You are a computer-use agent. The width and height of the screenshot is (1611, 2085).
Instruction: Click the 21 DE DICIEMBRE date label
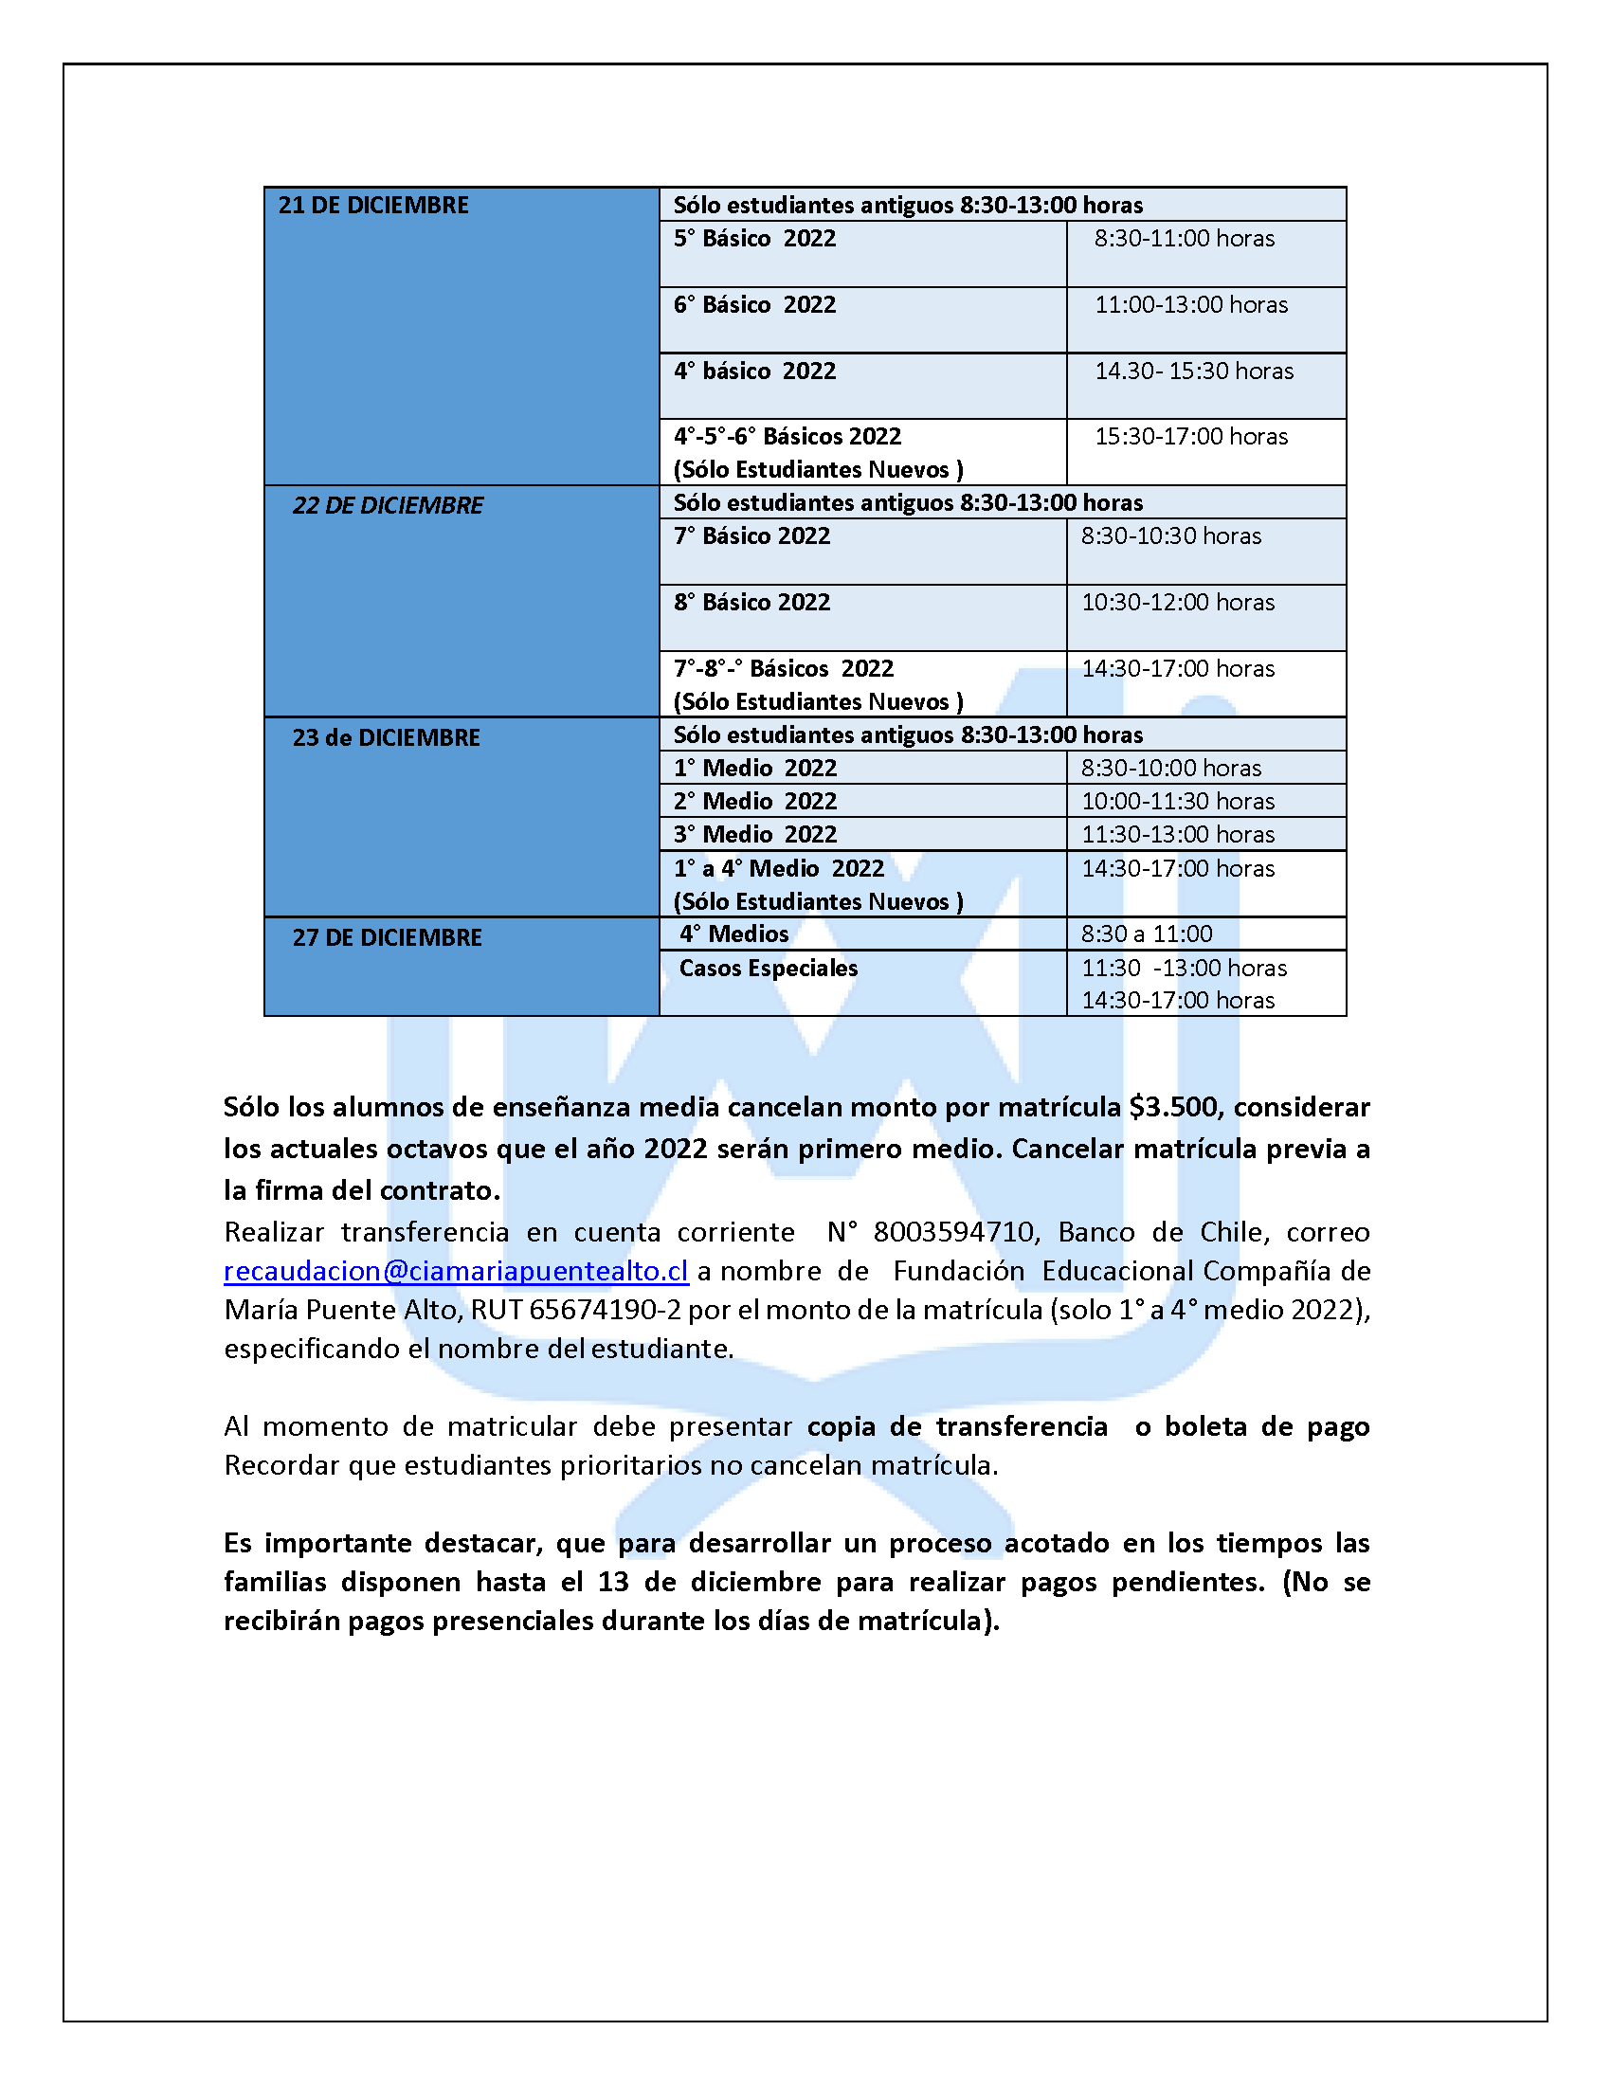coord(373,206)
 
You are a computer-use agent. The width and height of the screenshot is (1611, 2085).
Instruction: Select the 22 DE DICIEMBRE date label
coord(388,505)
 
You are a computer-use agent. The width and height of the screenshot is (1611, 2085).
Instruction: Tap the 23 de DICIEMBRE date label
coord(386,738)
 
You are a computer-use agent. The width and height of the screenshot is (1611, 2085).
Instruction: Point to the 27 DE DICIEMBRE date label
coord(387,937)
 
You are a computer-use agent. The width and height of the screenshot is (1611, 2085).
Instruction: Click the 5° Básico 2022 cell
coord(754,239)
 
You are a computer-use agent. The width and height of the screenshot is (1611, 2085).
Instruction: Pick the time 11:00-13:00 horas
coord(1190,304)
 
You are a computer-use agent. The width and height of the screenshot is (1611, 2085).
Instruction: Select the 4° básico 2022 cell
coord(754,372)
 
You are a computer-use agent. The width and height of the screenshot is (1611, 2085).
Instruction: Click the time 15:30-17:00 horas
coord(1190,436)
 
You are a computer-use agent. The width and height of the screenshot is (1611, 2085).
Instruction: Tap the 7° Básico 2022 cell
coord(751,536)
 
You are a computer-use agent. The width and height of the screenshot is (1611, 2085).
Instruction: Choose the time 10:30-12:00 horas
coord(1177,603)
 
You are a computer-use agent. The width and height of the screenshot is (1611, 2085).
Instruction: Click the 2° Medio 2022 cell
coord(755,801)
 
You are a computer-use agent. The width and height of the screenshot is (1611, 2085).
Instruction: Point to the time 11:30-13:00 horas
coord(1177,834)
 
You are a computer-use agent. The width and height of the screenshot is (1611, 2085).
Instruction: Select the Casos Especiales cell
coord(768,968)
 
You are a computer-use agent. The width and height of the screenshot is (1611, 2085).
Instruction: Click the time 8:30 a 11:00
coord(1147,934)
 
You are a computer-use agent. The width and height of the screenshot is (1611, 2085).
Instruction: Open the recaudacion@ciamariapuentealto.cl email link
coord(455,1272)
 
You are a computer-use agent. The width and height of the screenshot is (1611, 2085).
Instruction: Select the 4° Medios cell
coord(733,934)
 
